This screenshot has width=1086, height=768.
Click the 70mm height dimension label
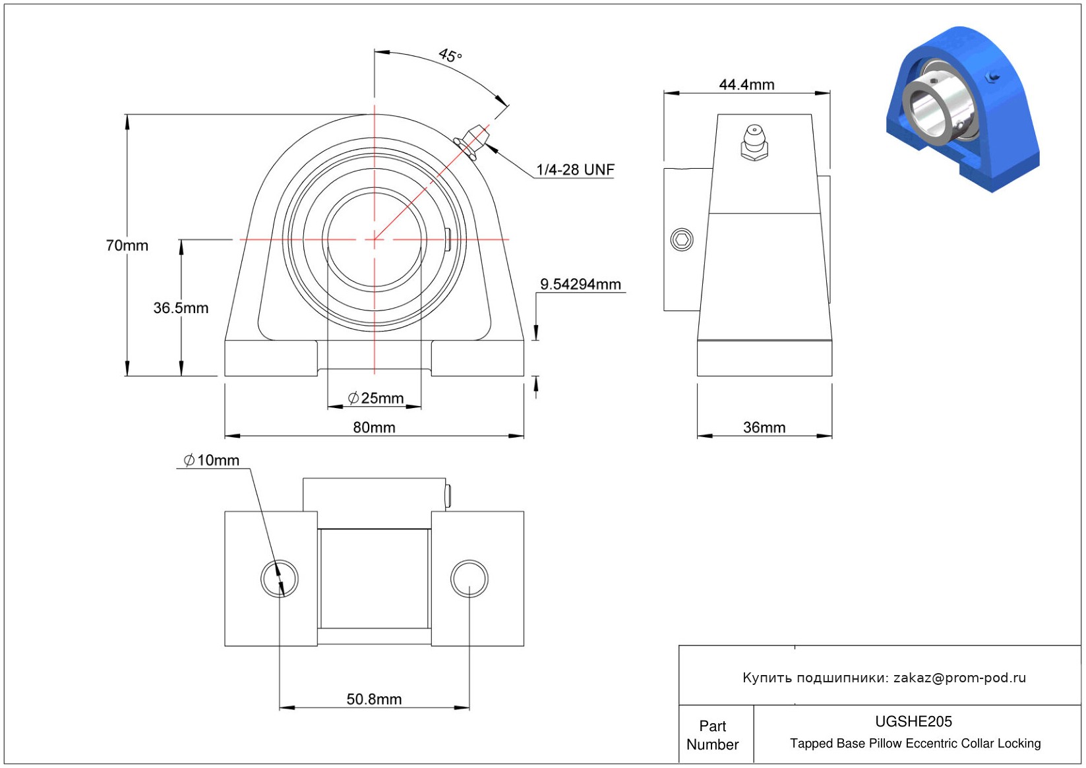tap(127, 245)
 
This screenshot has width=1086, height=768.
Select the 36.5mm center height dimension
tap(181, 308)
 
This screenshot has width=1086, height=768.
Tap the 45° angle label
tap(450, 55)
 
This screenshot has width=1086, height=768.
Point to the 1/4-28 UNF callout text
tap(575, 169)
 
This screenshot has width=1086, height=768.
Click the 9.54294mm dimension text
tap(580, 284)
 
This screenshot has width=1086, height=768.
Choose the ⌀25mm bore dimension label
tap(376, 398)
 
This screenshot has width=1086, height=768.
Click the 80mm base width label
tap(374, 428)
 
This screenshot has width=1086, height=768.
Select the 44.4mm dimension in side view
tap(746, 85)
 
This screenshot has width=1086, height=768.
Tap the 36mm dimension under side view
tap(764, 428)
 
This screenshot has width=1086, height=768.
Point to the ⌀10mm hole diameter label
tap(212, 460)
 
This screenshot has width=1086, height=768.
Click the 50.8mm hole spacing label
tap(374, 699)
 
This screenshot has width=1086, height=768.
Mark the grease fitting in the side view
tap(754, 142)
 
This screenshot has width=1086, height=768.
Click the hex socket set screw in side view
tap(682, 239)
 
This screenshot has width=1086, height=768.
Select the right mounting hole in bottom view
tap(469, 579)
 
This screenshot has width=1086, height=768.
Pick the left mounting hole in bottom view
tap(280, 579)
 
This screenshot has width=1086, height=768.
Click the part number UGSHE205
tap(913, 722)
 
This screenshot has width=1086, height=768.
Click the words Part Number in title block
tap(712, 735)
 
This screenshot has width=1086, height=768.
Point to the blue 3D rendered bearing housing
tap(963, 109)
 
